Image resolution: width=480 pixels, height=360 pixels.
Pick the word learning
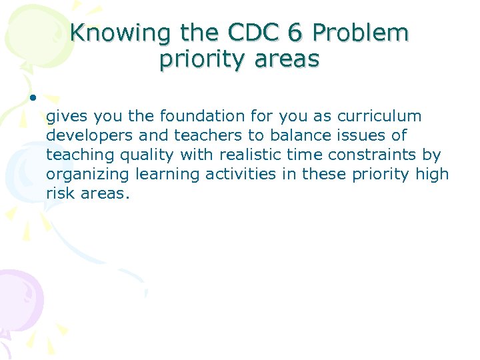[x=161, y=175]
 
